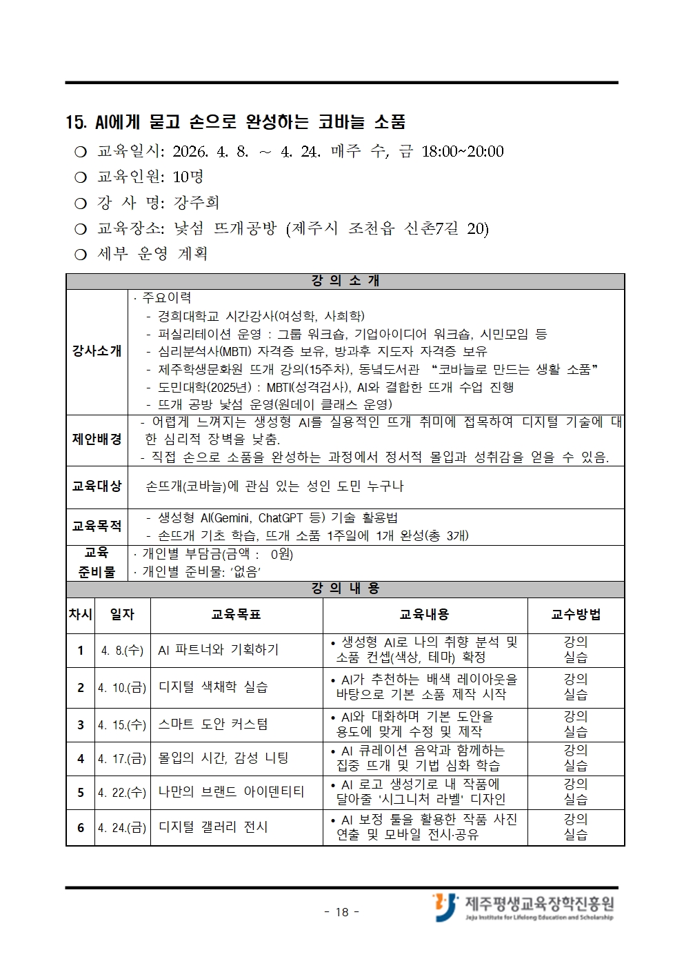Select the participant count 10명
[x=188, y=177]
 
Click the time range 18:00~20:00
[x=462, y=151]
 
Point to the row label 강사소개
[x=97, y=350]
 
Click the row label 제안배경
[x=97, y=439]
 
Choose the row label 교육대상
[x=97, y=486]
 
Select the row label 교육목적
[x=97, y=526]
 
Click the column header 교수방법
[x=576, y=614]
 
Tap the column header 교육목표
[x=236, y=614]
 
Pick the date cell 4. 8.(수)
[x=122, y=650]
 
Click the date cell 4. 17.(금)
[x=122, y=758]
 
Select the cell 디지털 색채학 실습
[x=213, y=687]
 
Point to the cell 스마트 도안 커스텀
[x=213, y=724]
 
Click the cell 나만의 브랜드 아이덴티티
[x=231, y=792]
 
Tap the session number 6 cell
[x=81, y=827]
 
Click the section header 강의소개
[x=345, y=281]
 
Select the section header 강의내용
[x=345, y=589]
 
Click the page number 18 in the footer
[x=342, y=912]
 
